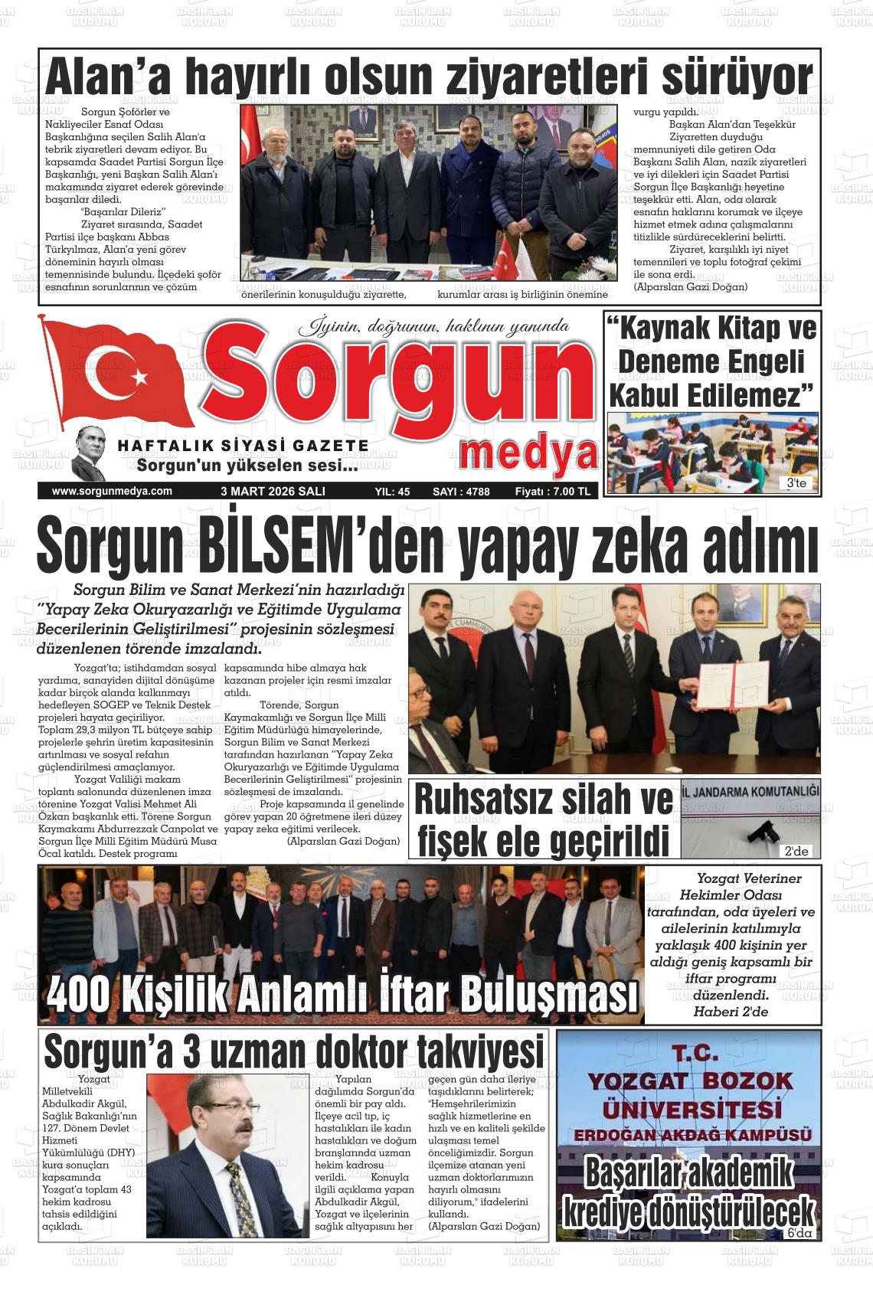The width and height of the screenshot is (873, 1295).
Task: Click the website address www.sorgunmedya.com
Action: [x=112, y=492]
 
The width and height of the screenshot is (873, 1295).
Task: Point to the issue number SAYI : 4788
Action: [x=461, y=492]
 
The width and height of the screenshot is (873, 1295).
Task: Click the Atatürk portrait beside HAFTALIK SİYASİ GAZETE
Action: [x=90, y=453]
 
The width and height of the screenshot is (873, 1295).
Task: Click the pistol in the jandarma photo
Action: [x=760, y=830]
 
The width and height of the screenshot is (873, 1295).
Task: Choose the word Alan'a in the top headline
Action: [x=103, y=78]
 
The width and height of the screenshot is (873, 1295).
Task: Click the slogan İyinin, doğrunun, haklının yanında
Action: [x=433, y=327]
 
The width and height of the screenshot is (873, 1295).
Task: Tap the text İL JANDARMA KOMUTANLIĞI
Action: [x=750, y=791]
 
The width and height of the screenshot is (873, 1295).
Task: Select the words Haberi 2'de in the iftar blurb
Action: [x=731, y=1012]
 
